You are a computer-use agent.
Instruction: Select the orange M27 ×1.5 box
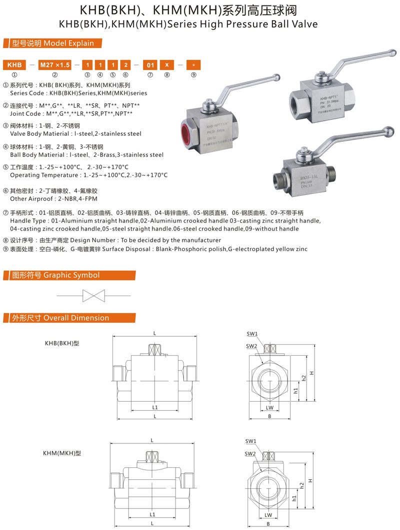pos(55,65)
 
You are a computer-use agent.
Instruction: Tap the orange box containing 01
pos(149,65)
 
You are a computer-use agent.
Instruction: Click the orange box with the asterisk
pos(193,65)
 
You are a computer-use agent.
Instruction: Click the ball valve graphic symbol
pos(93,296)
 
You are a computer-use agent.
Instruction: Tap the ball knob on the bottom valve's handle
pos(387,132)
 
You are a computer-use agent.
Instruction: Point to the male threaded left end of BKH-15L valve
pos(278,178)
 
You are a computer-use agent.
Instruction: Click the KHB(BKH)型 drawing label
pos(62,344)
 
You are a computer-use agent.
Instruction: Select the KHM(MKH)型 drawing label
pos(62,453)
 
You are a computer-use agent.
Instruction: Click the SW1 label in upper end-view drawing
pos(251,334)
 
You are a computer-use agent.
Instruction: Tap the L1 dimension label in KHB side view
pos(154,407)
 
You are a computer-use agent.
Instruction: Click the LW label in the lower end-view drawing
pos(268,515)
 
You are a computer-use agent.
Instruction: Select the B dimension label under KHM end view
pos(268,524)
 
